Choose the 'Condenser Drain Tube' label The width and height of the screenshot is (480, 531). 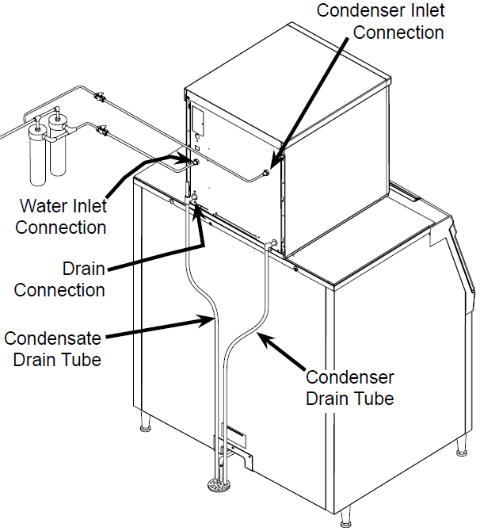(349, 388)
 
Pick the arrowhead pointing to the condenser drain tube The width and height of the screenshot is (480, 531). (262, 337)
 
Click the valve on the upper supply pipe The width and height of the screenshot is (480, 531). (100, 98)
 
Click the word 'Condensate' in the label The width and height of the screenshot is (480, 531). (52, 339)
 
